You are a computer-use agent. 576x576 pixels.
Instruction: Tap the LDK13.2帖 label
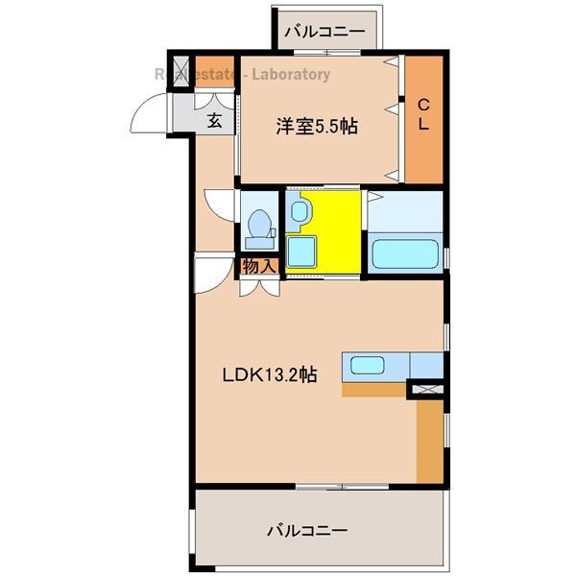[270, 375]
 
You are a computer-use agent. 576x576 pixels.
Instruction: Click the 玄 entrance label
[214, 121]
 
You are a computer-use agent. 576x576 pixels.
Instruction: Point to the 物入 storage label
[259, 266]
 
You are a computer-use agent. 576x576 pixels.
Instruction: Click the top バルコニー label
[324, 32]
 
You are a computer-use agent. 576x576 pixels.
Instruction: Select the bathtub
[404, 254]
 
